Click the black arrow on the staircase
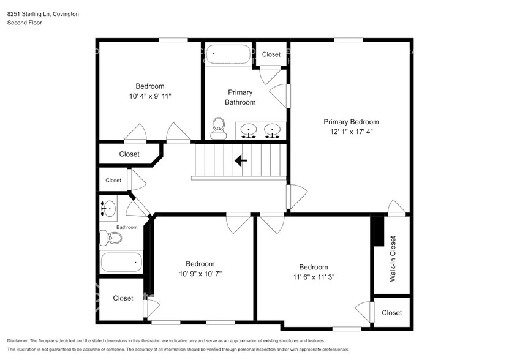pyautogui.click(x=241, y=160)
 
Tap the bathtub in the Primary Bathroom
pyautogui.click(x=228, y=55)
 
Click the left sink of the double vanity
pyautogui.click(x=249, y=130)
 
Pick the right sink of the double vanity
pyautogui.click(x=271, y=130)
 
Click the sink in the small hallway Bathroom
pyautogui.click(x=108, y=209)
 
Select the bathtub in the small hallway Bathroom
pyautogui.click(x=121, y=264)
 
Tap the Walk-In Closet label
pyautogui.click(x=393, y=258)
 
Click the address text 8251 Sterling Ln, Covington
pyautogui.click(x=43, y=13)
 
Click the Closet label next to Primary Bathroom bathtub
pyautogui.click(x=271, y=54)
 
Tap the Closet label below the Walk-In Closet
pyautogui.click(x=391, y=313)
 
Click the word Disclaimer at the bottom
pyautogui.click(x=18, y=340)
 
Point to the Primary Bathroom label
pyautogui.click(x=240, y=97)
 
